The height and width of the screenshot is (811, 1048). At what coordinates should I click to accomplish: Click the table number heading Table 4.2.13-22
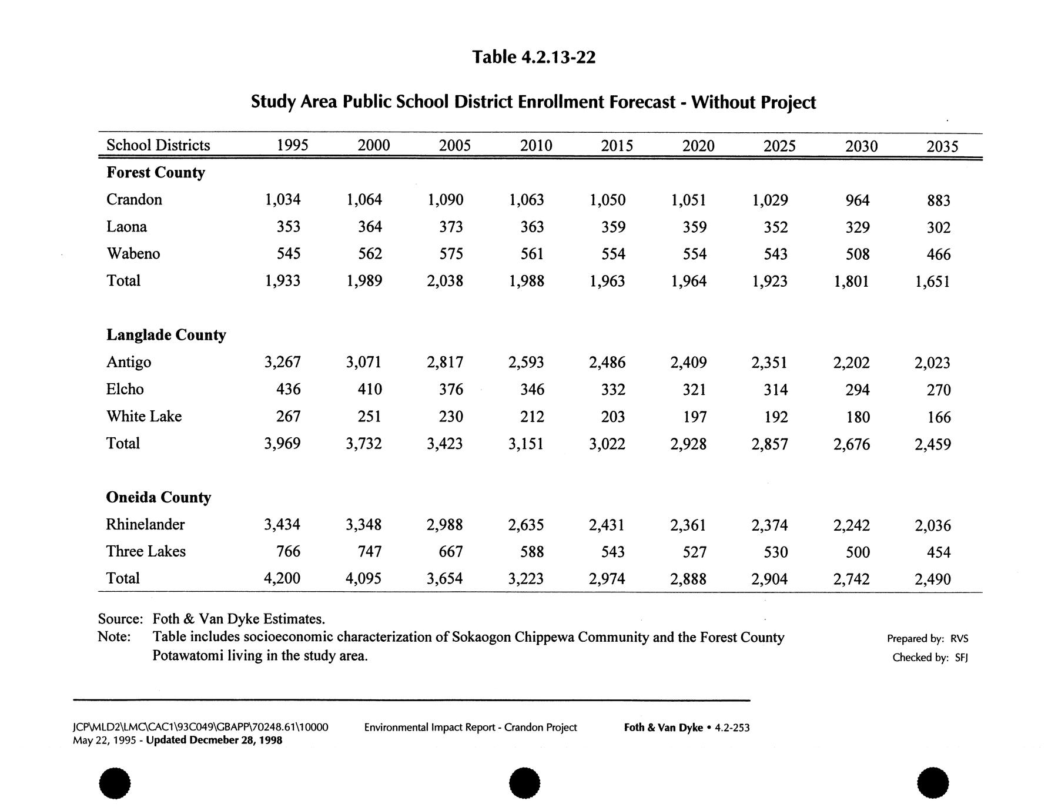pos(534,58)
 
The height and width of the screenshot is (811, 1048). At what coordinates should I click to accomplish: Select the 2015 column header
pos(617,146)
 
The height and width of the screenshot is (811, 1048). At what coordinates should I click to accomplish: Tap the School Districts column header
pos(158,145)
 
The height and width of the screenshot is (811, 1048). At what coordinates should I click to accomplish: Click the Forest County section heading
pos(156,173)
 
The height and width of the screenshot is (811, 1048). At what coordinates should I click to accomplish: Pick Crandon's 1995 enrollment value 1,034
pos(283,200)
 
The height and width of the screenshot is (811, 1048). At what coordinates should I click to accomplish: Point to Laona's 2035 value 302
pos(938,227)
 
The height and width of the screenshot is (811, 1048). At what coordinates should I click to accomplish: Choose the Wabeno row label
pos(133,254)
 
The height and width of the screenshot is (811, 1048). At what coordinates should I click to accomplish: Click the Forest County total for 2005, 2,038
pos(445,281)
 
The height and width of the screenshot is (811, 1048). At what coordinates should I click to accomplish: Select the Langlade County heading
pos(166,335)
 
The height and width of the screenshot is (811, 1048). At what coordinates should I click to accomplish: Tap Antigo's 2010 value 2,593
pos(526,363)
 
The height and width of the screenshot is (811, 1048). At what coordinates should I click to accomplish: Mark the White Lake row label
pos(144,417)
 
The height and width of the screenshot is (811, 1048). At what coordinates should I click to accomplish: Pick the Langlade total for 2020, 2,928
pos(688,444)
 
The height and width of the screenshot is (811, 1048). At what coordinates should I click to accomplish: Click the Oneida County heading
pos(159,498)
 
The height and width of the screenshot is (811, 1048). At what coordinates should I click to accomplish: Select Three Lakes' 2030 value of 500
pos(858,552)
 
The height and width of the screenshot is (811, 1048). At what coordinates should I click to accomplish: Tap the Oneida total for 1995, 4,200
pos(282,579)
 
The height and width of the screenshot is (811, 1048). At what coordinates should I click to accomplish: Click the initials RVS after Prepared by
pos(959,639)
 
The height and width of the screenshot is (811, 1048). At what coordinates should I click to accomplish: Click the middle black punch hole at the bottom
pos(524,783)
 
